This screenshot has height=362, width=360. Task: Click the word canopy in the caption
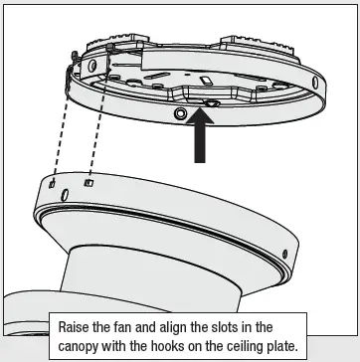click(x=85, y=346)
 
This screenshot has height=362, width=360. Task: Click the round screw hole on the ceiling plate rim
click(x=180, y=115)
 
